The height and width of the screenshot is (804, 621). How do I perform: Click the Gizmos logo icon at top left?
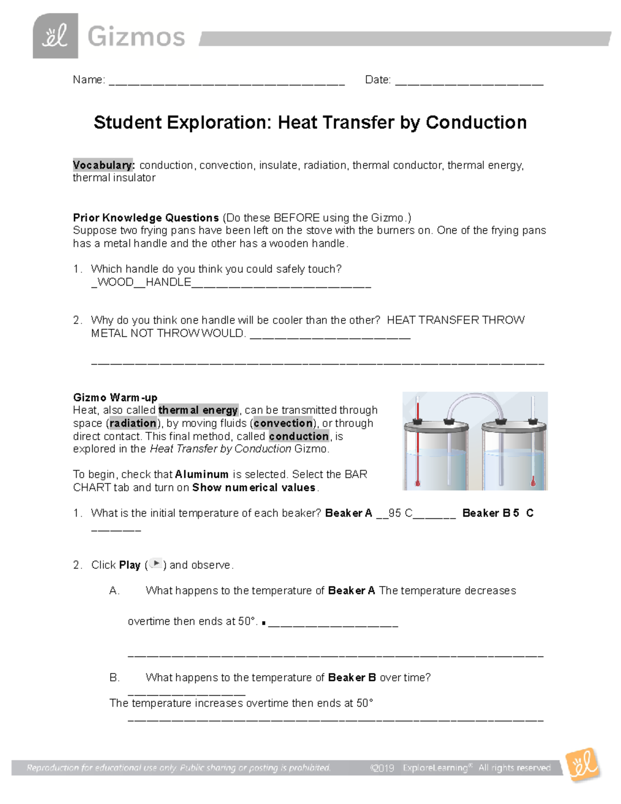pyautogui.click(x=55, y=36)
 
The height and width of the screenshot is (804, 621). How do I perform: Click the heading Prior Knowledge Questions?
pyautogui.click(x=146, y=217)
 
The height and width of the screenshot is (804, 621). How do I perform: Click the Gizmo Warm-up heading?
pyautogui.click(x=115, y=398)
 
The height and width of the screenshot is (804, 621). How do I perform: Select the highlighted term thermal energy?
pyautogui.click(x=198, y=410)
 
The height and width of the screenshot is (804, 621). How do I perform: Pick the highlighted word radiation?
pyautogui.click(x=133, y=423)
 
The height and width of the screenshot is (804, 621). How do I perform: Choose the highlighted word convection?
pyautogui.click(x=283, y=423)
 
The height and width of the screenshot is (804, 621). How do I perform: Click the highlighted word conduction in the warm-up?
pyautogui.click(x=299, y=436)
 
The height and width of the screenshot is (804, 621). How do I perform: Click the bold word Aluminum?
pyautogui.click(x=202, y=474)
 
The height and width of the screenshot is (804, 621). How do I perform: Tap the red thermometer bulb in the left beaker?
pyautogui.click(x=418, y=483)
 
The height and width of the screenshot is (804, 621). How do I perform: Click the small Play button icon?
pyautogui.click(x=156, y=564)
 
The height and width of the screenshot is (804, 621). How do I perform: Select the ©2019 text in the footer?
pyautogui.click(x=382, y=768)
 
